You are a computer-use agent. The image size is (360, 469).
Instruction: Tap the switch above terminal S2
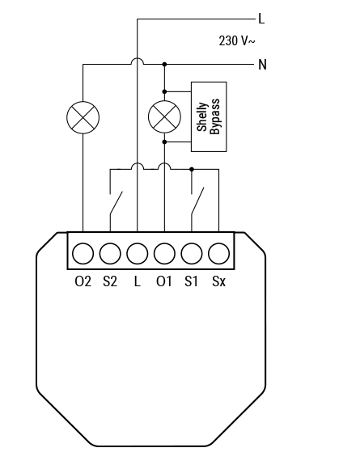pyautogui.click(x=116, y=203)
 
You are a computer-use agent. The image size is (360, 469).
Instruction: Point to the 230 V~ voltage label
pyautogui.click(x=237, y=40)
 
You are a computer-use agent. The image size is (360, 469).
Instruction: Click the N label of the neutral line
pyautogui.click(x=262, y=65)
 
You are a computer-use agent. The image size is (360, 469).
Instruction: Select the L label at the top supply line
pyautogui.click(x=261, y=19)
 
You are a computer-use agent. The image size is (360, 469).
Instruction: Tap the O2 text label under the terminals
pyautogui.click(x=83, y=281)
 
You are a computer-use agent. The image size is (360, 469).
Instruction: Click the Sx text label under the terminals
pyautogui.click(x=218, y=281)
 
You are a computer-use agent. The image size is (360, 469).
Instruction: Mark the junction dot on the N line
pyautogui.click(x=164, y=64)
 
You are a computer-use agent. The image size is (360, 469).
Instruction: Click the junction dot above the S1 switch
pyautogui.click(x=192, y=169)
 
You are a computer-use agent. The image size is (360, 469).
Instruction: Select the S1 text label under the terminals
pyautogui.click(x=192, y=281)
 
